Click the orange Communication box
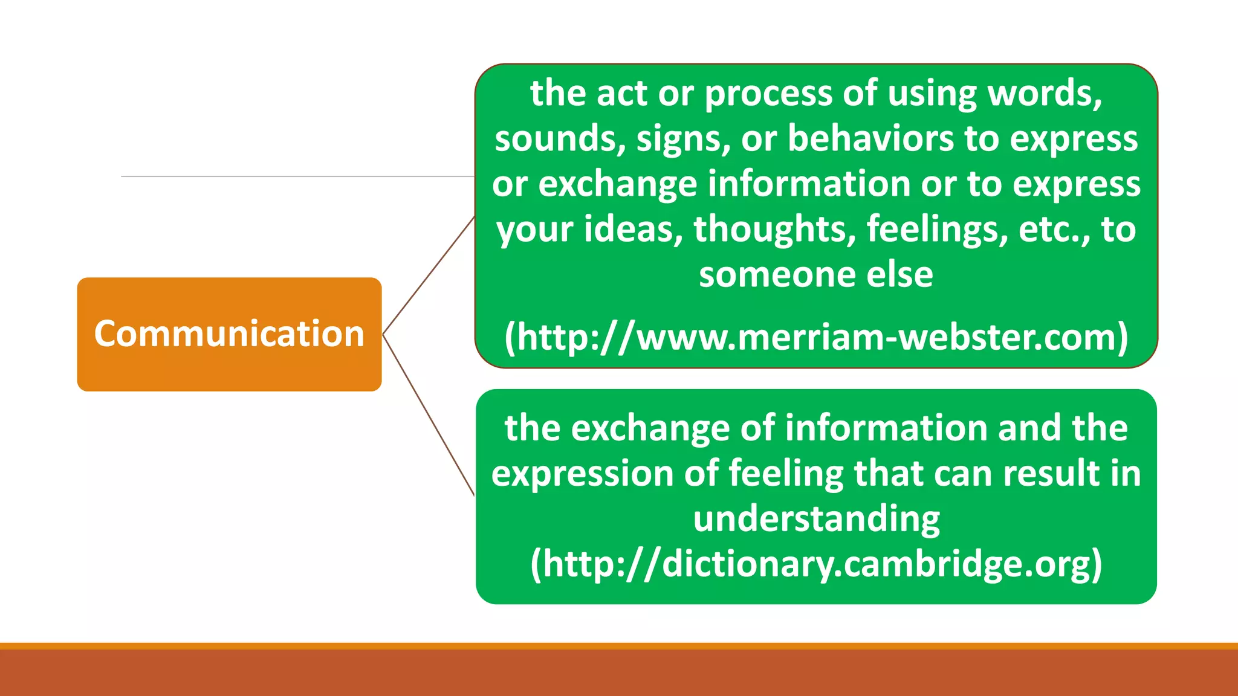pos(229,334)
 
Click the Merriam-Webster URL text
pos(816,337)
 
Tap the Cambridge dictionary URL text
pos(816,564)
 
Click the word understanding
pos(816,519)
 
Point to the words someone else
pos(816,274)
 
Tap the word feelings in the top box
pos(937,230)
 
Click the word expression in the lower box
pos(583,473)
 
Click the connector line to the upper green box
pos(429,275)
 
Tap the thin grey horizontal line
pos(296,176)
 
